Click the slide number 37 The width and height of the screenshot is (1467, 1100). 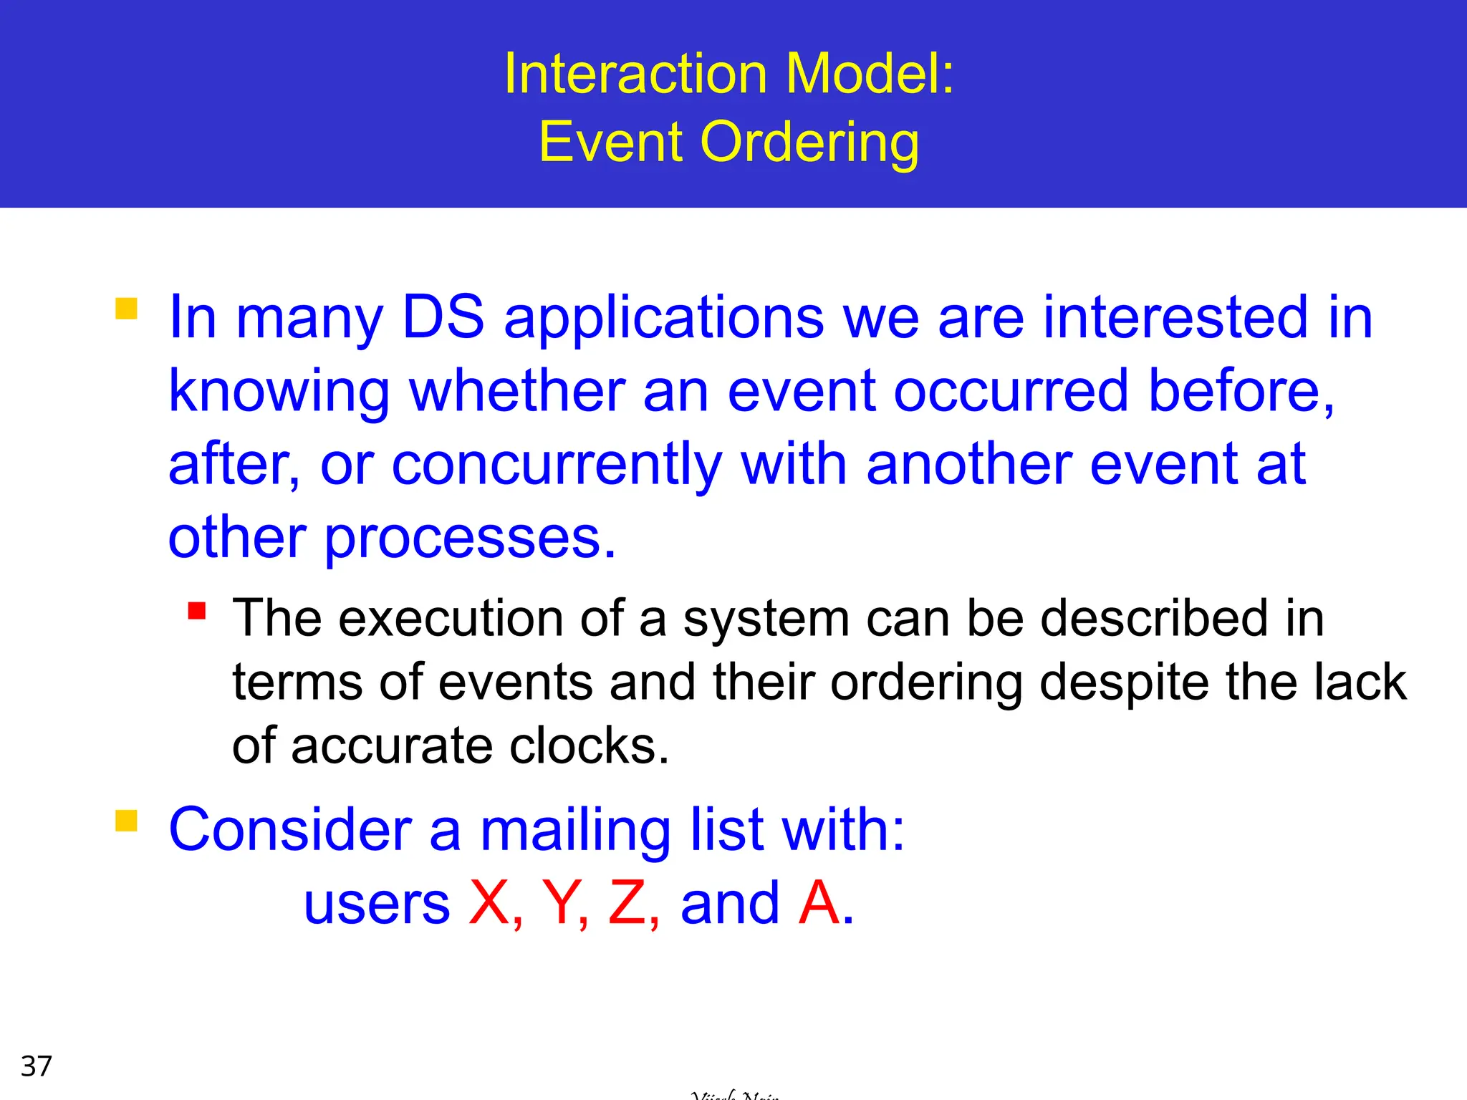click(x=37, y=1066)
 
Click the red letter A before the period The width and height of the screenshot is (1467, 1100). click(x=819, y=903)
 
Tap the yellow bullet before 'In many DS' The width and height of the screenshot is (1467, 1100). click(x=126, y=309)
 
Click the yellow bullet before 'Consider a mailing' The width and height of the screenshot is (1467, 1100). click(x=126, y=821)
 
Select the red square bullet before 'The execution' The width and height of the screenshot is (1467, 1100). click(x=197, y=611)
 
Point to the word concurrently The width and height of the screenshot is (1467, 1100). click(x=557, y=465)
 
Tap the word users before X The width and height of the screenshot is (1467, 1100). click(x=377, y=904)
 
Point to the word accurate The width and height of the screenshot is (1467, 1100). click(x=392, y=746)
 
